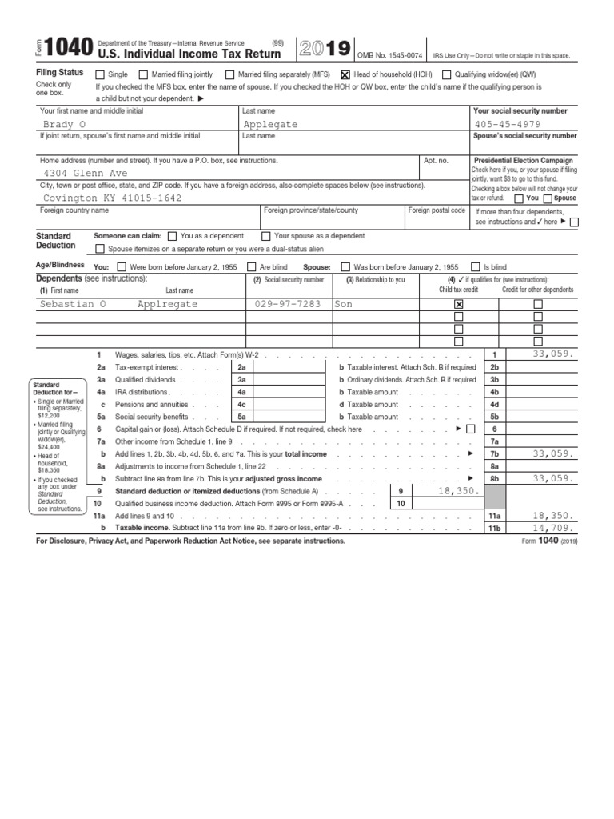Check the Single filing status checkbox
(x=100, y=74)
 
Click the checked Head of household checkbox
(x=345, y=74)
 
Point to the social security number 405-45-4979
(x=507, y=125)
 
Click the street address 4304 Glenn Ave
(x=85, y=173)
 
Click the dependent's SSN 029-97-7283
(x=288, y=304)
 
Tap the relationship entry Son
(x=343, y=304)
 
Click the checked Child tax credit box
(x=458, y=304)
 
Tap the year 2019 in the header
(x=324, y=49)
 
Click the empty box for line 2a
(x=288, y=367)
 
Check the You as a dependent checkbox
(x=173, y=236)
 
